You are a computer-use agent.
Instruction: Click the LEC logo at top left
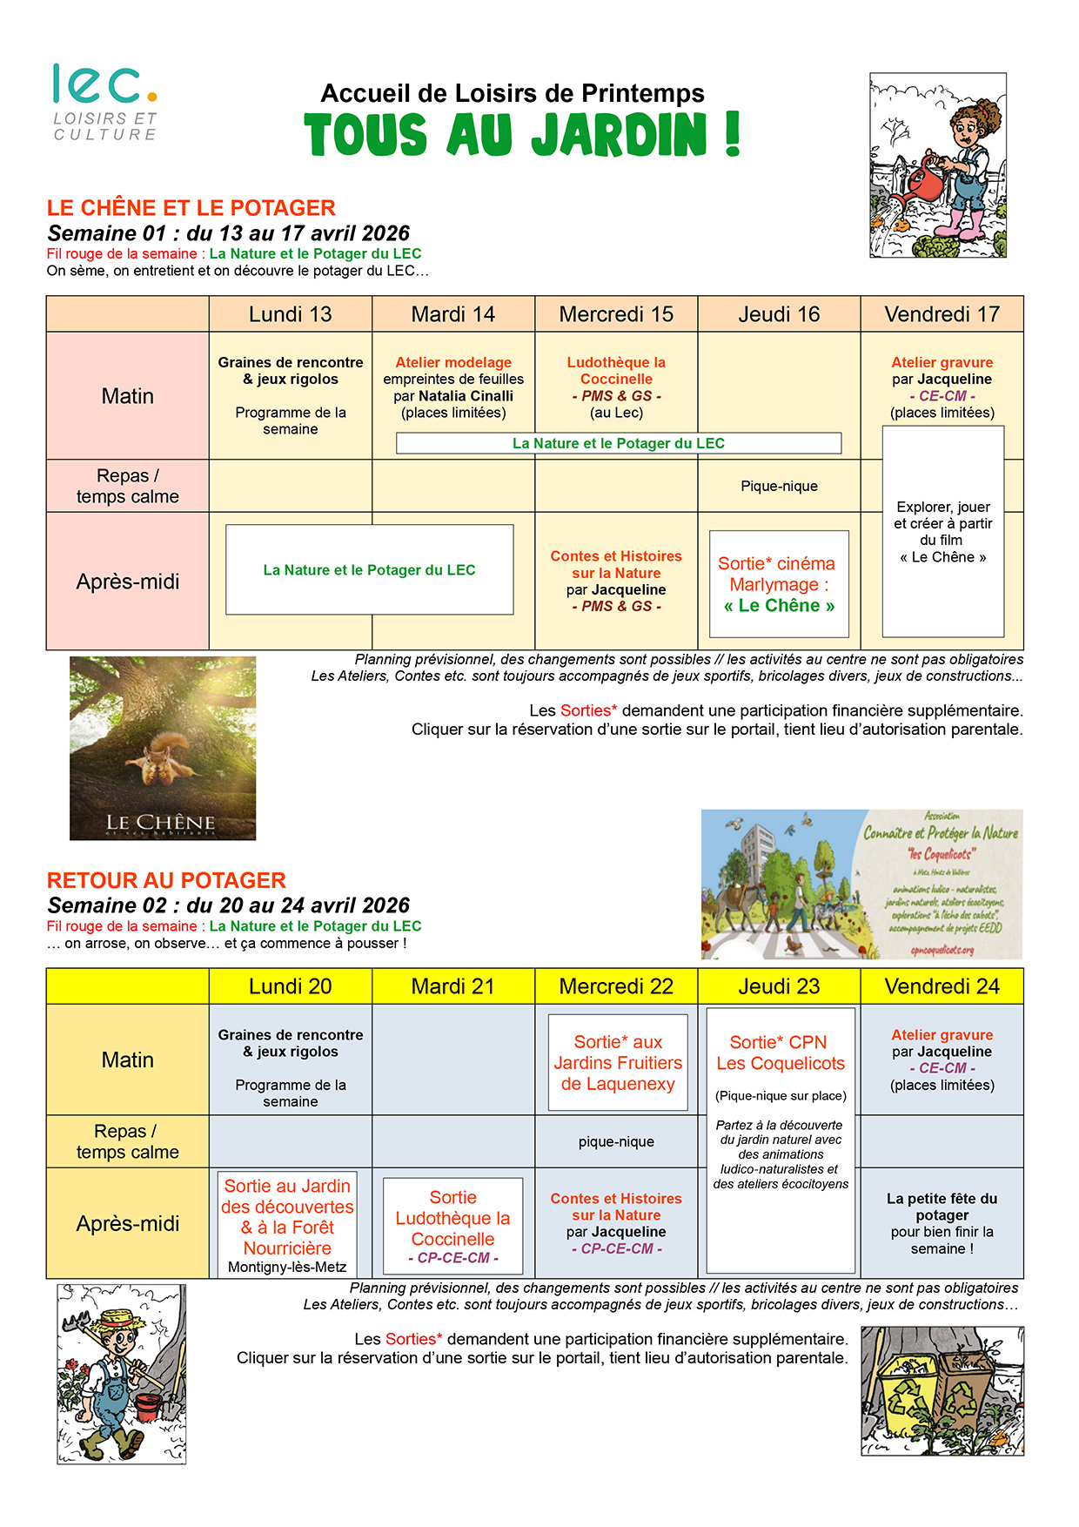(x=105, y=101)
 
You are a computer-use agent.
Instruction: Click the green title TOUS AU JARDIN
(x=522, y=135)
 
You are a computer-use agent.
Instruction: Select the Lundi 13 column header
(x=290, y=314)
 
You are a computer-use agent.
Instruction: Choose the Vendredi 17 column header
(x=942, y=314)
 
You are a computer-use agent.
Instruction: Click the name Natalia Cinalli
(x=466, y=396)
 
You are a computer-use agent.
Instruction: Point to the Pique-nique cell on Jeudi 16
(x=779, y=486)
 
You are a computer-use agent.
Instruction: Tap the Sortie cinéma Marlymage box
(x=779, y=584)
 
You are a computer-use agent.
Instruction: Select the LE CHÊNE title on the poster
(x=161, y=822)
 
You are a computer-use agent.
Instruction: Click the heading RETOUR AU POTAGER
(x=166, y=880)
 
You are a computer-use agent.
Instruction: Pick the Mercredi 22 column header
(x=616, y=986)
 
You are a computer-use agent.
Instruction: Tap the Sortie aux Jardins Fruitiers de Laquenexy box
(x=618, y=1062)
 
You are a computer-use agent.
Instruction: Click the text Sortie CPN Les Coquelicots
(x=781, y=1053)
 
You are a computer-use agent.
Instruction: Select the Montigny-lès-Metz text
(x=287, y=1267)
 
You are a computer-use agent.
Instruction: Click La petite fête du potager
(x=942, y=1207)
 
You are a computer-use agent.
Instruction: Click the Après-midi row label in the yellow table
(x=127, y=1223)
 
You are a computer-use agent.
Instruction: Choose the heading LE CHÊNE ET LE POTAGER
(x=191, y=208)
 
